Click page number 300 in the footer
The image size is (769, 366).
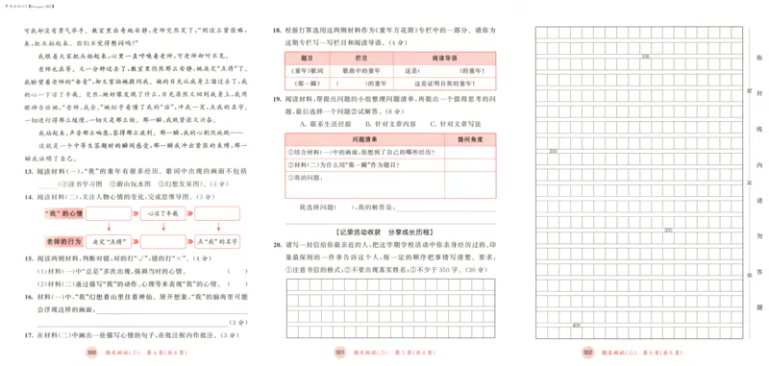[92, 353]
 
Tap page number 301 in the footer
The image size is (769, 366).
[338, 353]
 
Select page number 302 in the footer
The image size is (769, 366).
[587, 353]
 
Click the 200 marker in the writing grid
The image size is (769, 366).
[553, 152]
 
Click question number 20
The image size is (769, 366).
[277, 246]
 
